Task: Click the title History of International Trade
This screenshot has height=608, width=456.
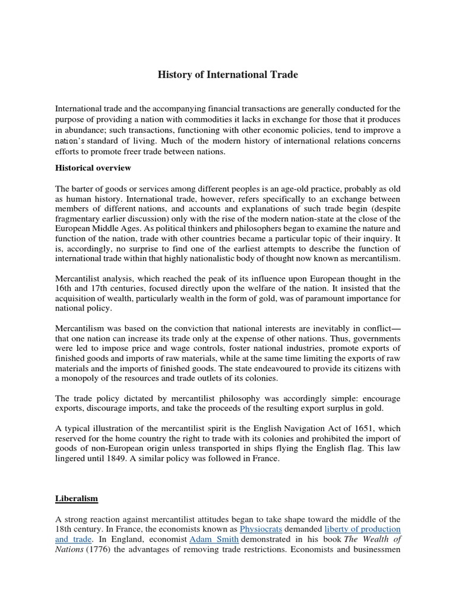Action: (x=227, y=75)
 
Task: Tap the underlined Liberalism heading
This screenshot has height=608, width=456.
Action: (x=76, y=498)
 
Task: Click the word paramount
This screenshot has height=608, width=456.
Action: (x=318, y=298)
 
